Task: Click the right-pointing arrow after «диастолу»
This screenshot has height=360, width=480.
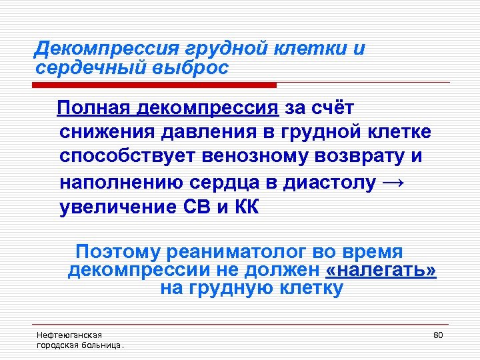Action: [395, 183]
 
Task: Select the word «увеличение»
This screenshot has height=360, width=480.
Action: [117, 207]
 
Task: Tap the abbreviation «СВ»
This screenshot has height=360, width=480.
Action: [197, 207]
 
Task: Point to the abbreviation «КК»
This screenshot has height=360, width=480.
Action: [245, 207]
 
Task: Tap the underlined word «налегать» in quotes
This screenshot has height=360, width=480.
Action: [381, 270]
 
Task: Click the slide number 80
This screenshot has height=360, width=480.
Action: [438, 334]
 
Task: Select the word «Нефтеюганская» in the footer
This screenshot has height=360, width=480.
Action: [69, 335]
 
